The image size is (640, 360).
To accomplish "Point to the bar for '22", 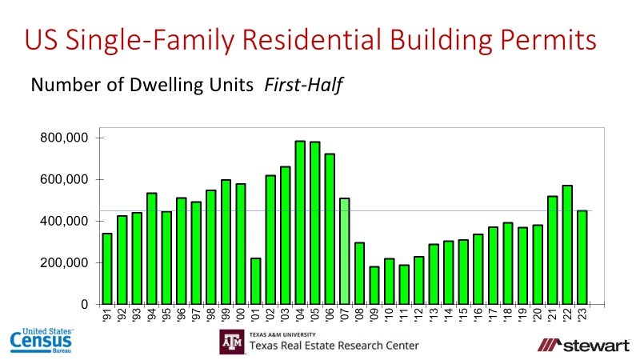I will tap(567, 245).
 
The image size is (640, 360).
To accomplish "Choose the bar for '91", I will tap(107, 269).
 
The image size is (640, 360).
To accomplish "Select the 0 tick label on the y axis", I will tap(84, 304).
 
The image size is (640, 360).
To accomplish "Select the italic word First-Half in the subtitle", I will tap(303, 84).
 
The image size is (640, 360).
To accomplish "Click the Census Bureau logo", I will tap(42, 340).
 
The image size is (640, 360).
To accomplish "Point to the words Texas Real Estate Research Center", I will tap(334, 346).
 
